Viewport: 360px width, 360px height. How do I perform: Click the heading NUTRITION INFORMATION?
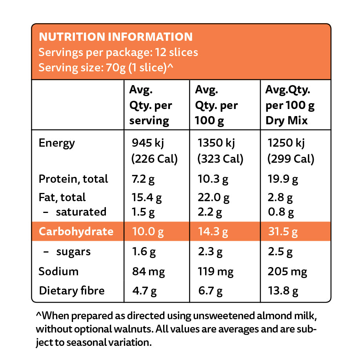pyautogui.click(x=116, y=37)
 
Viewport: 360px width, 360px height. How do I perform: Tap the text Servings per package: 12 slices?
pyautogui.click(x=118, y=52)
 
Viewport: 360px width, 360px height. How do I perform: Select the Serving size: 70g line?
pyautogui.click(x=106, y=67)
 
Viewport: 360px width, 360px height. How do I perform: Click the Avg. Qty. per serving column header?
pyautogui.click(x=151, y=105)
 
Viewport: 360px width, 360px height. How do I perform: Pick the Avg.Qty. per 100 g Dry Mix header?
pyautogui.click(x=290, y=105)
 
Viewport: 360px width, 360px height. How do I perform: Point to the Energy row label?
pyautogui.click(x=56, y=143)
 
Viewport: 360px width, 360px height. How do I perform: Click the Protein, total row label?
pyautogui.click(x=73, y=179)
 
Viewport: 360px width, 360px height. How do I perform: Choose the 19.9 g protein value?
pyautogui.click(x=282, y=179)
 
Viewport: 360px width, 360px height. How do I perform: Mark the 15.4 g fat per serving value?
pyautogui.click(x=145, y=197)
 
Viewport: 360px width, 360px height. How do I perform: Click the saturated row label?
pyautogui.click(x=81, y=212)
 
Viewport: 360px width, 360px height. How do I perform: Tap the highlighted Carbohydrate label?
pyautogui.click(x=76, y=231)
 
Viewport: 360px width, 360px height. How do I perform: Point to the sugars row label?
pyautogui.click(x=73, y=251)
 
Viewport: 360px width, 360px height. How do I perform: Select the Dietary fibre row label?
pyautogui.click(x=72, y=291)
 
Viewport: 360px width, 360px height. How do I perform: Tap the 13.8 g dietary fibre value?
pyautogui.click(x=282, y=291)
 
